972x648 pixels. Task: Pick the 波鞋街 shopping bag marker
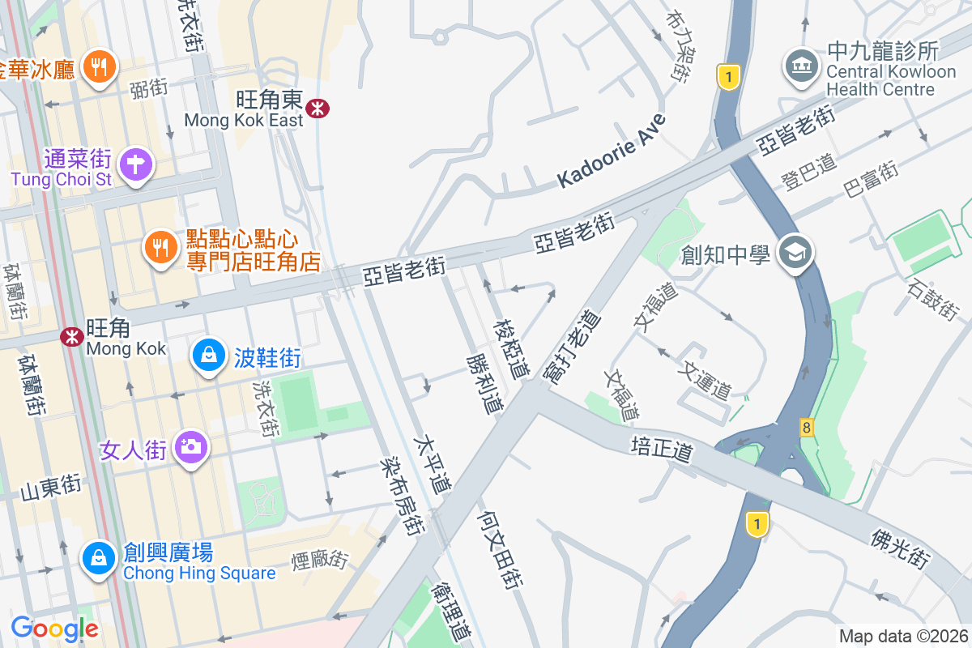(209, 356)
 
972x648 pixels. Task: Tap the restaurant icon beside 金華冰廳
(100, 67)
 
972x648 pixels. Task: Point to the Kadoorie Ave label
(612, 152)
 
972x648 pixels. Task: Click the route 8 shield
(806, 427)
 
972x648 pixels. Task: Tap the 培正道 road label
(662, 449)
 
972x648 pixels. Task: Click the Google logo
(54, 628)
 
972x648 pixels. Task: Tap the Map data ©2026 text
(903, 636)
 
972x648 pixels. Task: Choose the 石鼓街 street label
(933, 298)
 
